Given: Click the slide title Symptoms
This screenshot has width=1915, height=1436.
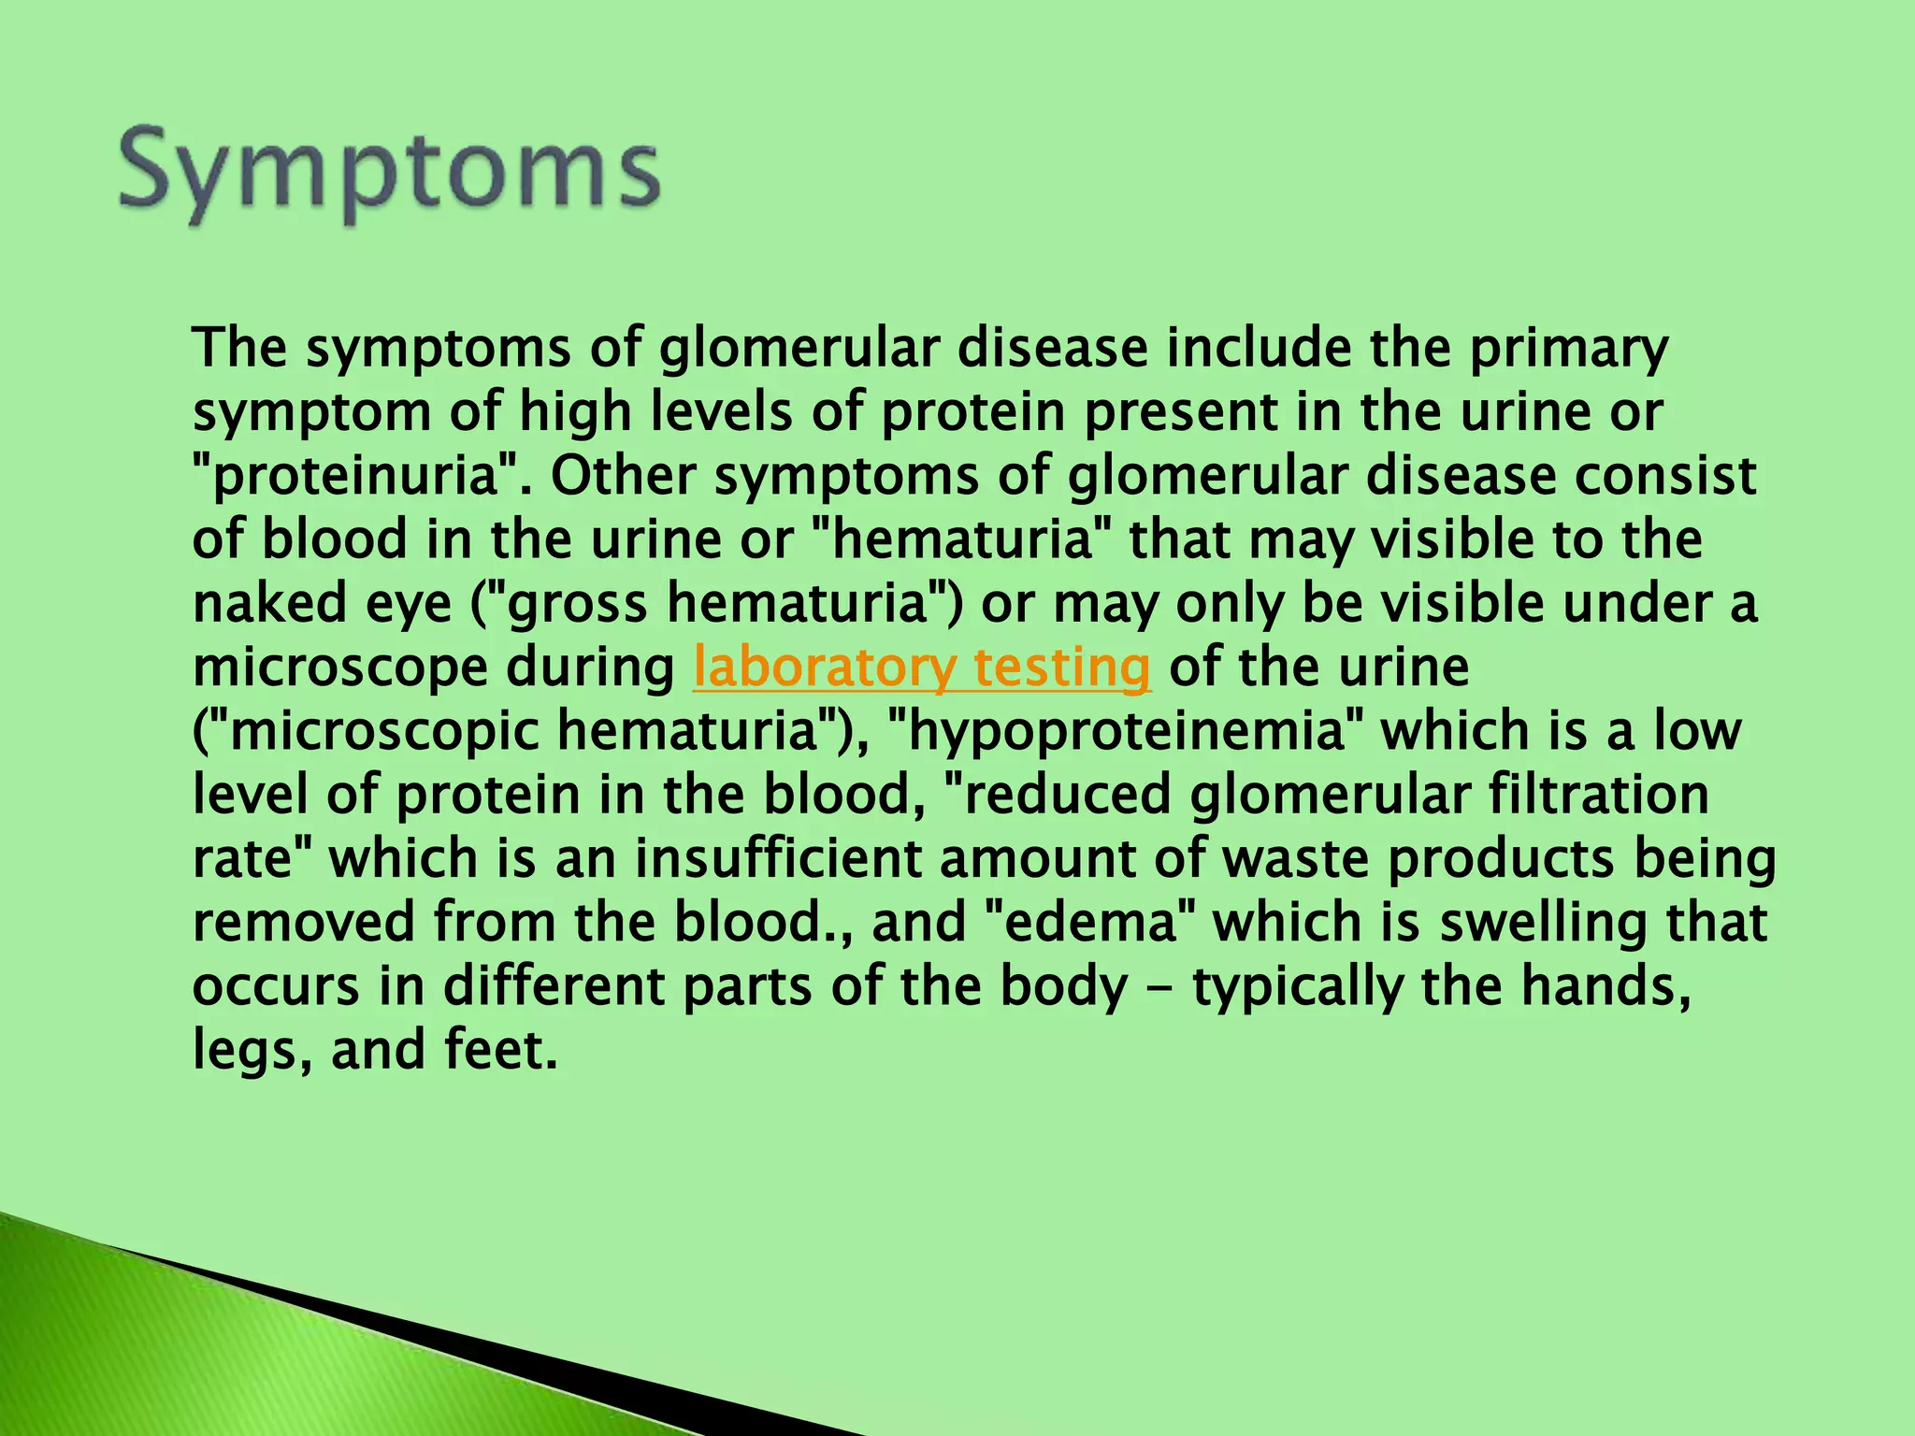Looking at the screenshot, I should tap(390, 174).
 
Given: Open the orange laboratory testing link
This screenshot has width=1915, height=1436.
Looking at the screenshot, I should tap(922, 668).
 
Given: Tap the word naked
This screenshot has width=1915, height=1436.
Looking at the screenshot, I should tap(254, 604).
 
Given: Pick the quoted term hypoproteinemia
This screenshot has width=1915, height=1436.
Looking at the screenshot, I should tap(1121, 732).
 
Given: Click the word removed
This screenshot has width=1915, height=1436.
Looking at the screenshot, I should tap(304, 922).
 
